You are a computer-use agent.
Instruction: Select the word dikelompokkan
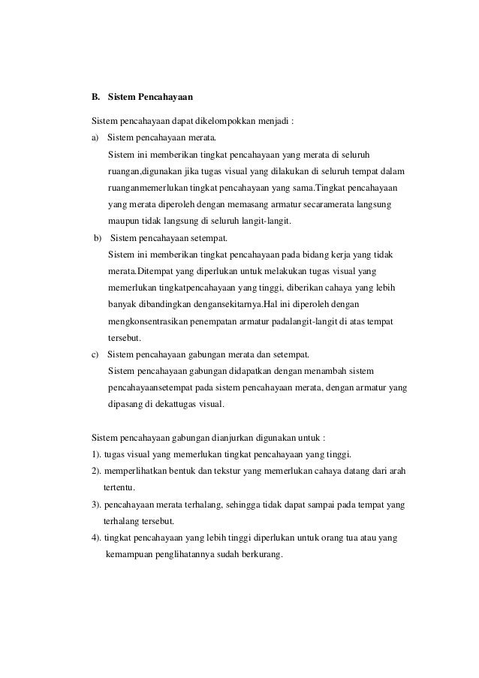pos(225,120)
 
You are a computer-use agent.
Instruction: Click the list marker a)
pos(95,138)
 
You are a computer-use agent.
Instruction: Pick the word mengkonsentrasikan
pos(153,321)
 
